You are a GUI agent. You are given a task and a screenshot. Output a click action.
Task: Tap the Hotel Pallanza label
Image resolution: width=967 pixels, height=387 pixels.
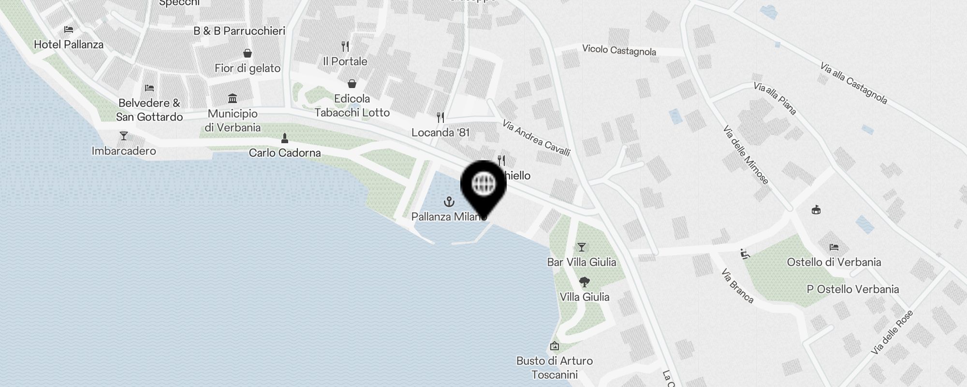[x=69, y=45]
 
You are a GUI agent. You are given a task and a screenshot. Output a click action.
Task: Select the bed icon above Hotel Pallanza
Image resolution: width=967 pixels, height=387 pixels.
[x=69, y=30]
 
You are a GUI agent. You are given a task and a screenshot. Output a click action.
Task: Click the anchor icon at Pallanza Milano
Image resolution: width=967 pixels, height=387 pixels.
[x=449, y=201]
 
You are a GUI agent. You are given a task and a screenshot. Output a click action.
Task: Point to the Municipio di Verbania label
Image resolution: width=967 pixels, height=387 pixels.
[x=233, y=120]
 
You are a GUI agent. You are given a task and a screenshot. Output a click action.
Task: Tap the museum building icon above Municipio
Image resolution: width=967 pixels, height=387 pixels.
[x=233, y=98]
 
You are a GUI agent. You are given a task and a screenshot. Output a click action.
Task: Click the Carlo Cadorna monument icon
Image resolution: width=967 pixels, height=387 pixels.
[x=285, y=138]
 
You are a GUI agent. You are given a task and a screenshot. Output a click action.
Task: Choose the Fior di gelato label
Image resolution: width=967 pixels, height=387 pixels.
[x=248, y=68]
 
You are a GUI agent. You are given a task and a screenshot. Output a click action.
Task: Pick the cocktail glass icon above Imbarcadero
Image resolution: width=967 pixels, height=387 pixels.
[x=124, y=136]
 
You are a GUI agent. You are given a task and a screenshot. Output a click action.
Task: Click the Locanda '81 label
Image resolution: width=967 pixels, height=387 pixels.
[x=440, y=133]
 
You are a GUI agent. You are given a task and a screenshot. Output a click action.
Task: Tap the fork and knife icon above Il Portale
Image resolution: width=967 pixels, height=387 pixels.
[x=345, y=46]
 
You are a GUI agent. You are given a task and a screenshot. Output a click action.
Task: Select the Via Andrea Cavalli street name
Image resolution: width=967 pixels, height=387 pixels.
[x=536, y=138]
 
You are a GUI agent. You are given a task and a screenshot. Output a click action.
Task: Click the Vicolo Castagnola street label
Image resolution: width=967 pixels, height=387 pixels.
[x=619, y=50]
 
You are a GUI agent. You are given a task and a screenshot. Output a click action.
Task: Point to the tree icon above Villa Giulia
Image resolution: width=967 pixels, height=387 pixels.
[x=584, y=282]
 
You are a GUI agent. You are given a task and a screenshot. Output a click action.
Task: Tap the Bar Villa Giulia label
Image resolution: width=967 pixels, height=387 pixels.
[x=582, y=262]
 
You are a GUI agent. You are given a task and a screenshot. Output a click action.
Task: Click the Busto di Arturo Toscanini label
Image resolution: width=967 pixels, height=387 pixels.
[x=555, y=368]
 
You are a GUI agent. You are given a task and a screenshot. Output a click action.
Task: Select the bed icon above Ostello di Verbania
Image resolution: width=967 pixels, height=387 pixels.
[x=834, y=247]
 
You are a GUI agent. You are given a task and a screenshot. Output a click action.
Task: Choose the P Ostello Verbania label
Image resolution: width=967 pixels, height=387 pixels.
[x=853, y=289]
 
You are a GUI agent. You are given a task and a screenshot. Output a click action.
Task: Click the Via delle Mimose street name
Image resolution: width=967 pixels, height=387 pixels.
[x=746, y=155]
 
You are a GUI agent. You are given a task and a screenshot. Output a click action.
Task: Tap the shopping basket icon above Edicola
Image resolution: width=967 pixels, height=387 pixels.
[x=352, y=84]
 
